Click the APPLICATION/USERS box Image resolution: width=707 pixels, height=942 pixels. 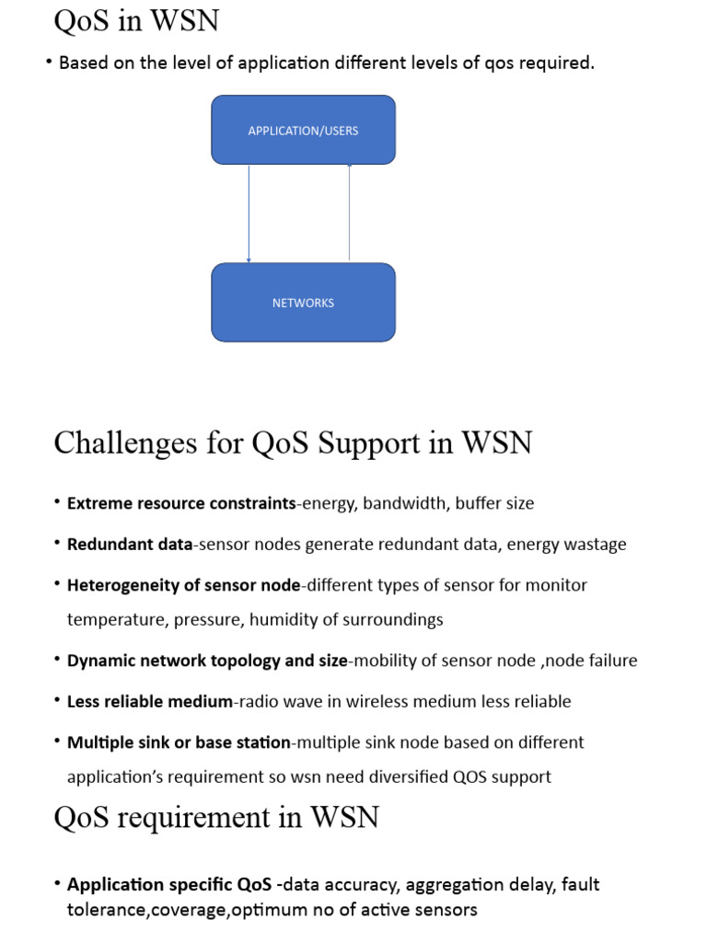tap(303, 130)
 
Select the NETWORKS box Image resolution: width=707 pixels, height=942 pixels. tap(303, 303)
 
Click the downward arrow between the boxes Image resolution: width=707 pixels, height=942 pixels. tap(249, 213)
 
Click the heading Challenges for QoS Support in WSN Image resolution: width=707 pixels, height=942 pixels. tap(293, 442)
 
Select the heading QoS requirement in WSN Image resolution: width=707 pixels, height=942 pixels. tap(216, 816)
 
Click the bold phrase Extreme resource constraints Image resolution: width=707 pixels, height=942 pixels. tap(181, 503)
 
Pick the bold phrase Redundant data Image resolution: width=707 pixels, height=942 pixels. tap(130, 544)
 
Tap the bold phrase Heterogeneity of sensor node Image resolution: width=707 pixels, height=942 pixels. tap(184, 585)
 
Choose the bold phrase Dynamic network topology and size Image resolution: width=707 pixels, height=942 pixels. tap(207, 661)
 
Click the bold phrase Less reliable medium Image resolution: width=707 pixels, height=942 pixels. tap(150, 701)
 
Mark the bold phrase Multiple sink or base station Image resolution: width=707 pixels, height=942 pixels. tap(179, 741)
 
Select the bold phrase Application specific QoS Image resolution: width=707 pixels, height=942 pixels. tap(169, 884)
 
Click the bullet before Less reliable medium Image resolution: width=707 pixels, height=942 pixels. tap(57, 701)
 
